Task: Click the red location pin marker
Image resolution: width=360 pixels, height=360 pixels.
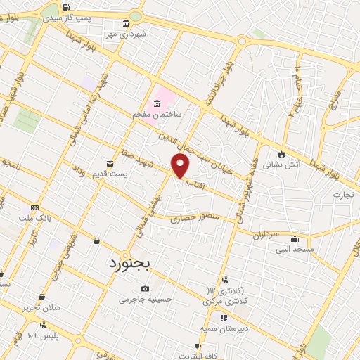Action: (181, 166)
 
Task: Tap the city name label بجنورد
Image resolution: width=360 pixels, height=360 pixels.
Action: (136, 264)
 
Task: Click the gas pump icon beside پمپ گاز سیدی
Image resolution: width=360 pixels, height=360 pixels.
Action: (66, 8)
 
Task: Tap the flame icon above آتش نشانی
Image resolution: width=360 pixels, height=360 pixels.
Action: (282, 155)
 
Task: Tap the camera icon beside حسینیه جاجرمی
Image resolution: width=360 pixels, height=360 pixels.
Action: (145, 289)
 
